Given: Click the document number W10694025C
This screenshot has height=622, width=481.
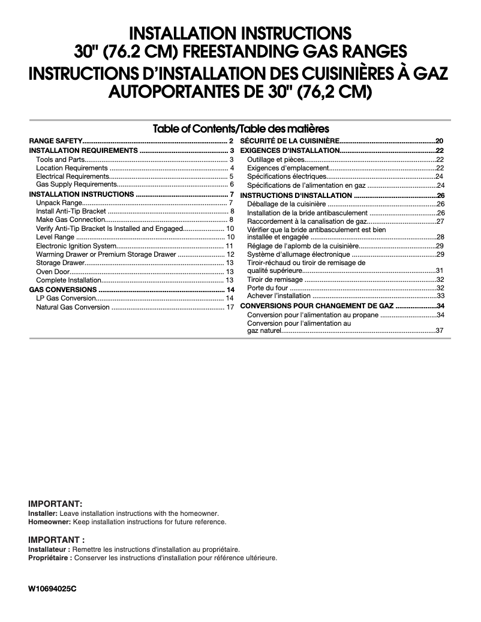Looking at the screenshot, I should click(x=53, y=588).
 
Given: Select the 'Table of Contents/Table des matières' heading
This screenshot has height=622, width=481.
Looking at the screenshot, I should click(x=240, y=128).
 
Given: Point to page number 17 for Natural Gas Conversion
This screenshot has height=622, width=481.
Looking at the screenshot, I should click(x=230, y=307).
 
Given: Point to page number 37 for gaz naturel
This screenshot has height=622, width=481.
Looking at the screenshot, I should click(x=440, y=330).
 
